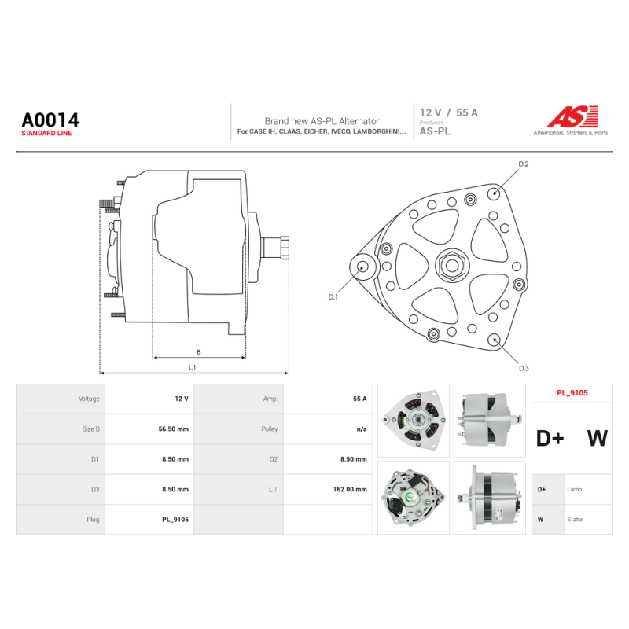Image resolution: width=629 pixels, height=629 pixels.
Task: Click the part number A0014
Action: pyautogui.click(x=50, y=120)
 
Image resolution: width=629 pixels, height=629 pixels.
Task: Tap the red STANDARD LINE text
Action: pyautogui.click(x=46, y=133)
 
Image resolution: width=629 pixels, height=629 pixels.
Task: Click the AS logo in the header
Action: pyautogui.click(x=572, y=116)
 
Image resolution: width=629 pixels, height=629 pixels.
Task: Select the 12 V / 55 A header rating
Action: pyautogui.click(x=448, y=112)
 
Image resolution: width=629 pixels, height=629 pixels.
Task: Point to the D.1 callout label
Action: pyautogui.click(x=333, y=297)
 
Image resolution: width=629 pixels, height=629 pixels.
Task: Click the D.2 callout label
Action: pyautogui.click(x=524, y=164)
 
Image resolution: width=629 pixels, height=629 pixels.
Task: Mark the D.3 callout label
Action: pyautogui.click(x=524, y=368)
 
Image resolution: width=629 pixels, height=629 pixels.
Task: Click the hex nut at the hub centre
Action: pyautogui.click(x=451, y=265)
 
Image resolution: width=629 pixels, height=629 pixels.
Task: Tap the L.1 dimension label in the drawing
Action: pyautogui.click(x=192, y=367)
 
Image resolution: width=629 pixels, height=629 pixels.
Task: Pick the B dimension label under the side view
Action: pyautogui.click(x=199, y=351)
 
